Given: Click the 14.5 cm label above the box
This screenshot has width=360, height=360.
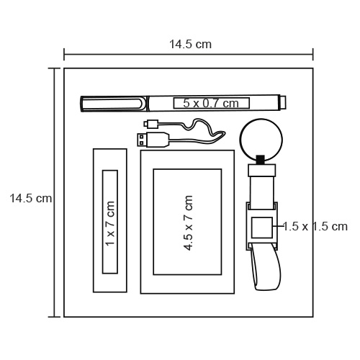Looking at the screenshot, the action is click(190, 45).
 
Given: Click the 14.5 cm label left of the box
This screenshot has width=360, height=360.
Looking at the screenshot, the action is click(31, 199).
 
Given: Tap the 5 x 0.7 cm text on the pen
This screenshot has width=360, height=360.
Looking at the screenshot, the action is click(211, 103).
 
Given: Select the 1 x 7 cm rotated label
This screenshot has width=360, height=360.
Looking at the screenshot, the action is click(110, 223).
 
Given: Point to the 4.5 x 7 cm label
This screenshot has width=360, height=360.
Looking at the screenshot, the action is click(188, 223).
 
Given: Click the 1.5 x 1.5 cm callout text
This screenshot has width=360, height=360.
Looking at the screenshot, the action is click(315, 226).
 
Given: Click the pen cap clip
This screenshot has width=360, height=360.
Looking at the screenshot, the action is click(113, 104).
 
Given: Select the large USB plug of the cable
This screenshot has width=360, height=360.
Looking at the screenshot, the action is click(153, 140).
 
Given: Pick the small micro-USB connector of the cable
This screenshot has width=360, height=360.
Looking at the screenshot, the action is click(150, 124).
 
